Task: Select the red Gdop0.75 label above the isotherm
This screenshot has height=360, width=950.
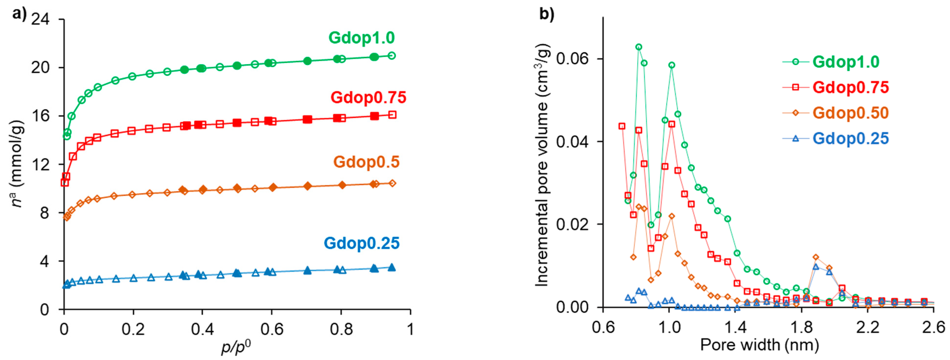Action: click(x=368, y=98)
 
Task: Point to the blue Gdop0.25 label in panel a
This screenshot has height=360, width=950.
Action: click(x=362, y=243)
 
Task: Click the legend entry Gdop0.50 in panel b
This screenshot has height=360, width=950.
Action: click(x=851, y=113)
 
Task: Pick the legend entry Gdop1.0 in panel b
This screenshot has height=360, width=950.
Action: click(x=846, y=62)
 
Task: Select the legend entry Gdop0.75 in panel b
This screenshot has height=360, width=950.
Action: click(x=851, y=87)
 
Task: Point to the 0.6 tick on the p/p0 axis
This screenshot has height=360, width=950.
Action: click(x=271, y=329)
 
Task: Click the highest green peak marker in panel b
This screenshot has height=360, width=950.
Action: click(x=639, y=47)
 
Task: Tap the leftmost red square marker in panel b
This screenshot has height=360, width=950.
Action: click(x=622, y=126)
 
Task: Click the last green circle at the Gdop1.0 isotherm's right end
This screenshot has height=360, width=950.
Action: click(x=392, y=55)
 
